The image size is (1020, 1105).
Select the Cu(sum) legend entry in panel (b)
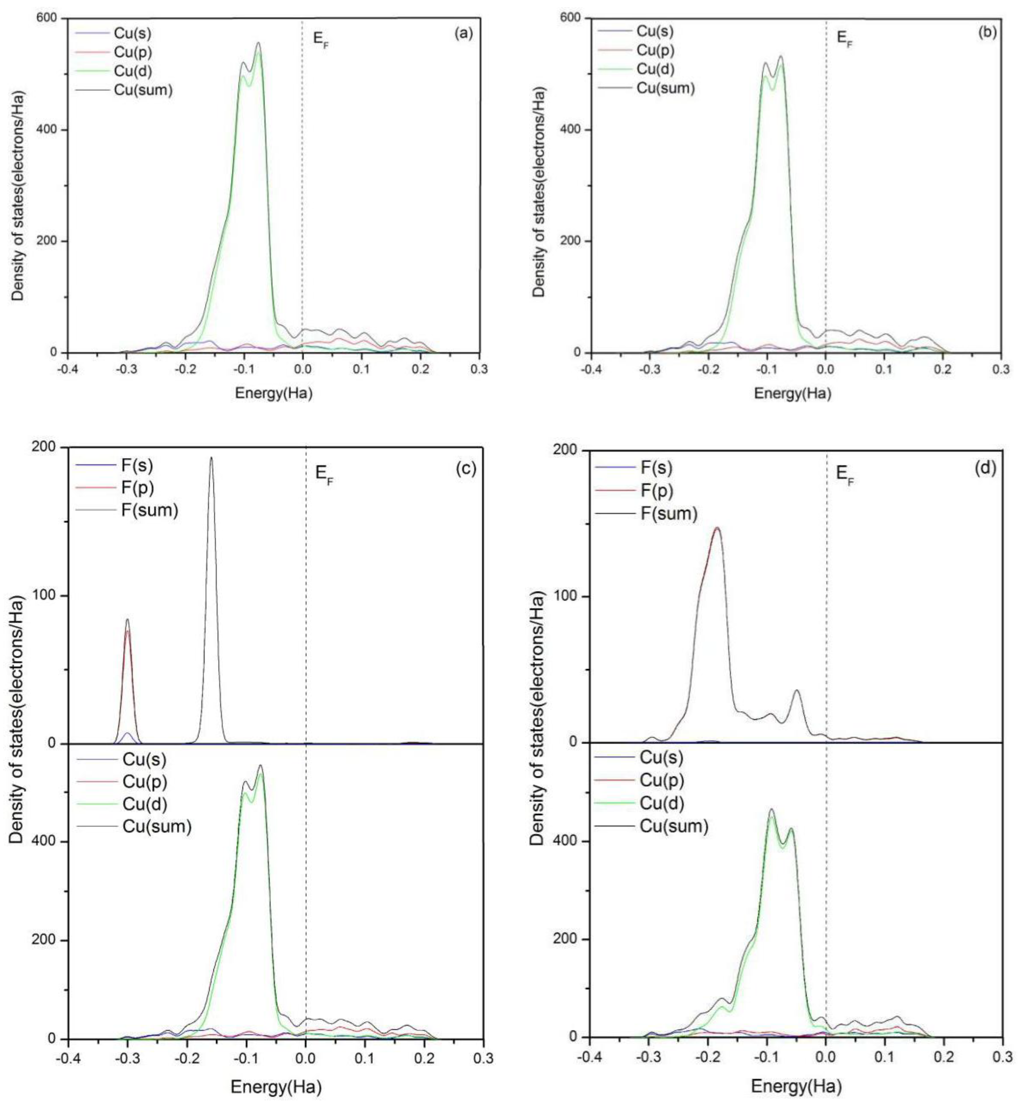pos(665,88)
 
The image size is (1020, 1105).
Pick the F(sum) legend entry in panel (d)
pos(669,514)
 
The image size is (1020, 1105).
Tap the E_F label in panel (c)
pos(324,474)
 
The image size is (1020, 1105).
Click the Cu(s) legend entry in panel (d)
pos(661,758)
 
